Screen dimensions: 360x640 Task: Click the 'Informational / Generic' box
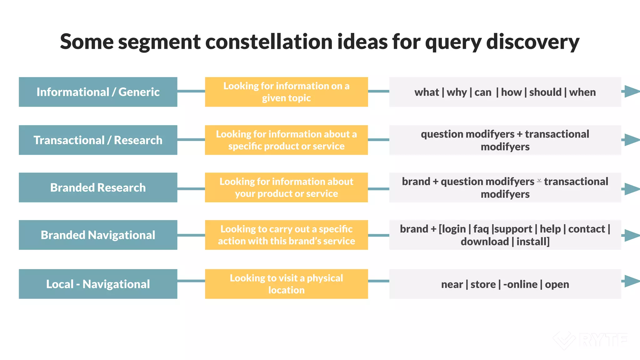(x=98, y=92)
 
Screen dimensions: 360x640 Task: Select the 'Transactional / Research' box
(x=98, y=140)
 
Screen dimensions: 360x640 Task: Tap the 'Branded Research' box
(x=98, y=187)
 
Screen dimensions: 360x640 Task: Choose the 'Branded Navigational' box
(x=98, y=235)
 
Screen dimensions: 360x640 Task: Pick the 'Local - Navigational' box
(x=98, y=284)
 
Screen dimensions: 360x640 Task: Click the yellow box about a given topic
(x=286, y=92)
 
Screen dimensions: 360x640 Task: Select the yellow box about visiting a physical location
(x=286, y=284)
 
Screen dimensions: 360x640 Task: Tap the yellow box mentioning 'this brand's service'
(x=286, y=235)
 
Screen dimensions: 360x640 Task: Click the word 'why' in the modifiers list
(x=457, y=92)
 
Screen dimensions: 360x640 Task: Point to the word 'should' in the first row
(x=545, y=92)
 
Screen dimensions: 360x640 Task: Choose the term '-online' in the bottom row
(x=520, y=284)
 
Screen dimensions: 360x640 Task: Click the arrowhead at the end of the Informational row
(x=632, y=91)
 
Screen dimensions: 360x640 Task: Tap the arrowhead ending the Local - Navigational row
(x=632, y=281)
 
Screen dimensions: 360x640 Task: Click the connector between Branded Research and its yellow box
(x=191, y=189)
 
